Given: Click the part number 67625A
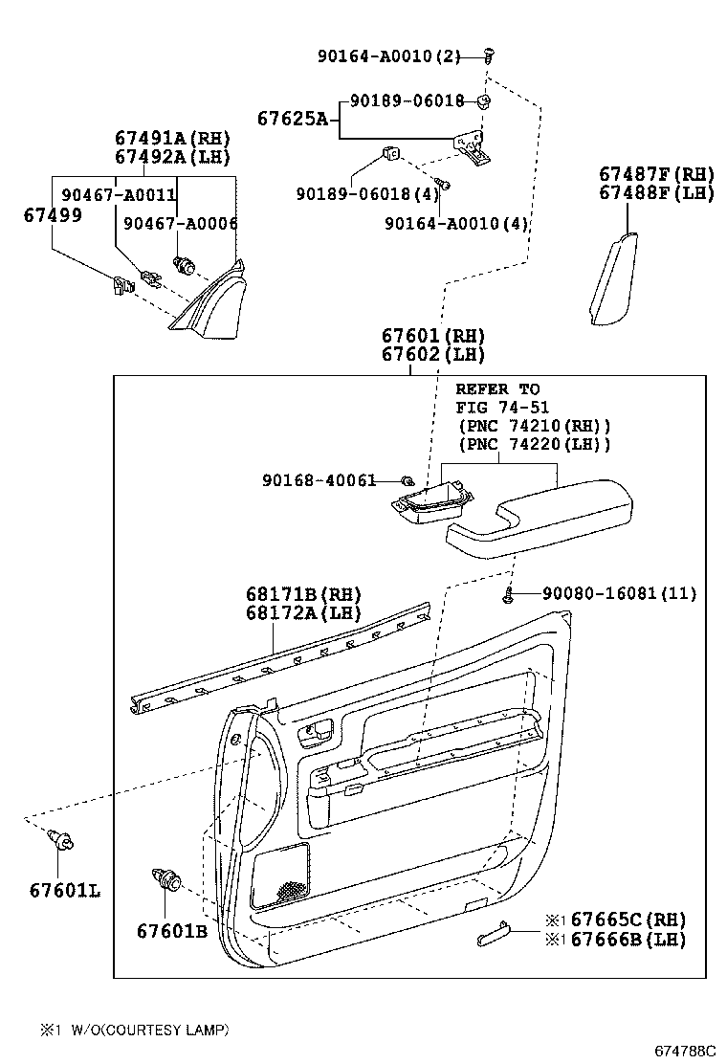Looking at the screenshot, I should [x=292, y=119].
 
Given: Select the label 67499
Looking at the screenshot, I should [x=53, y=215].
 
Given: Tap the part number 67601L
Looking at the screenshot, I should [x=64, y=890].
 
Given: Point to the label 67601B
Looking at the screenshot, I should [x=171, y=931].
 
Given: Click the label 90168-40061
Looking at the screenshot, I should [x=319, y=479].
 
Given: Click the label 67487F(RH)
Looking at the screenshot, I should [x=656, y=174].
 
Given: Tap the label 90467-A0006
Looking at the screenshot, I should [x=181, y=223].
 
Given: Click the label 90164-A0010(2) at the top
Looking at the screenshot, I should [x=387, y=56].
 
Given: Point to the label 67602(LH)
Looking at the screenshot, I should [x=432, y=354].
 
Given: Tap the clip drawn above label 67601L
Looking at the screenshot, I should [x=62, y=843].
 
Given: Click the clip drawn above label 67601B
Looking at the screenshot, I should [x=166, y=878].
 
